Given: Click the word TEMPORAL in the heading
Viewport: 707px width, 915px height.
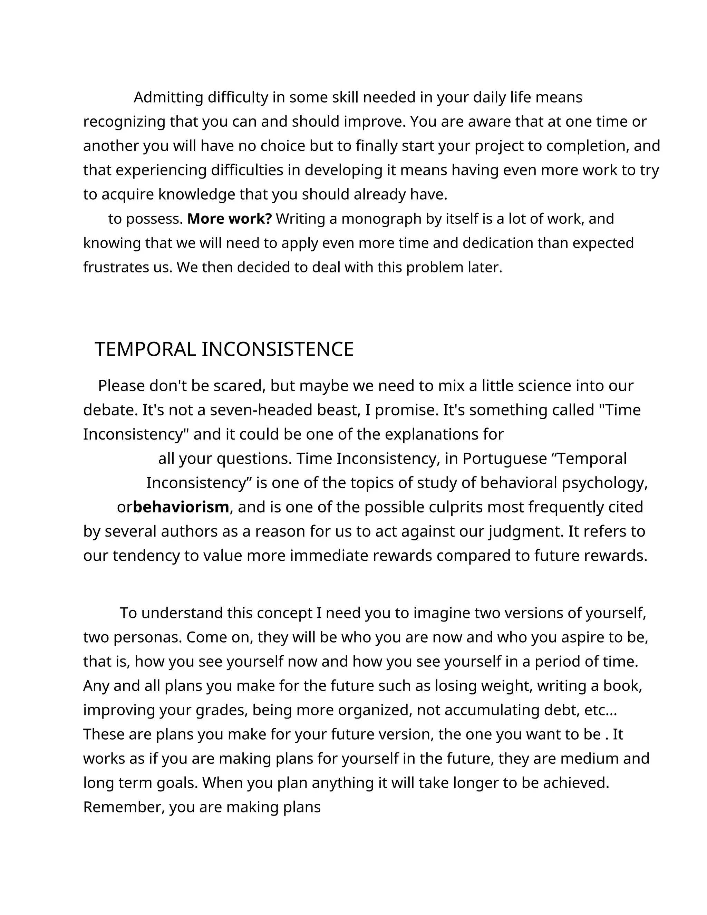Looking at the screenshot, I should click(145, 349).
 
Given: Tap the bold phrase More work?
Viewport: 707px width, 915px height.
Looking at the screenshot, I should click(230, 219).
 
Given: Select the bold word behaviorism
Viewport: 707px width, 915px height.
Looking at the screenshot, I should click(181, 507).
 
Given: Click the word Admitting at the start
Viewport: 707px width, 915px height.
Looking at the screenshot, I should click(168, 97).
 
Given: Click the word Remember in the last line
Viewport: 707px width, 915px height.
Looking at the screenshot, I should click(124, 807).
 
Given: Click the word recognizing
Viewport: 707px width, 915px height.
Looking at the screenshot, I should click(124, 122).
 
